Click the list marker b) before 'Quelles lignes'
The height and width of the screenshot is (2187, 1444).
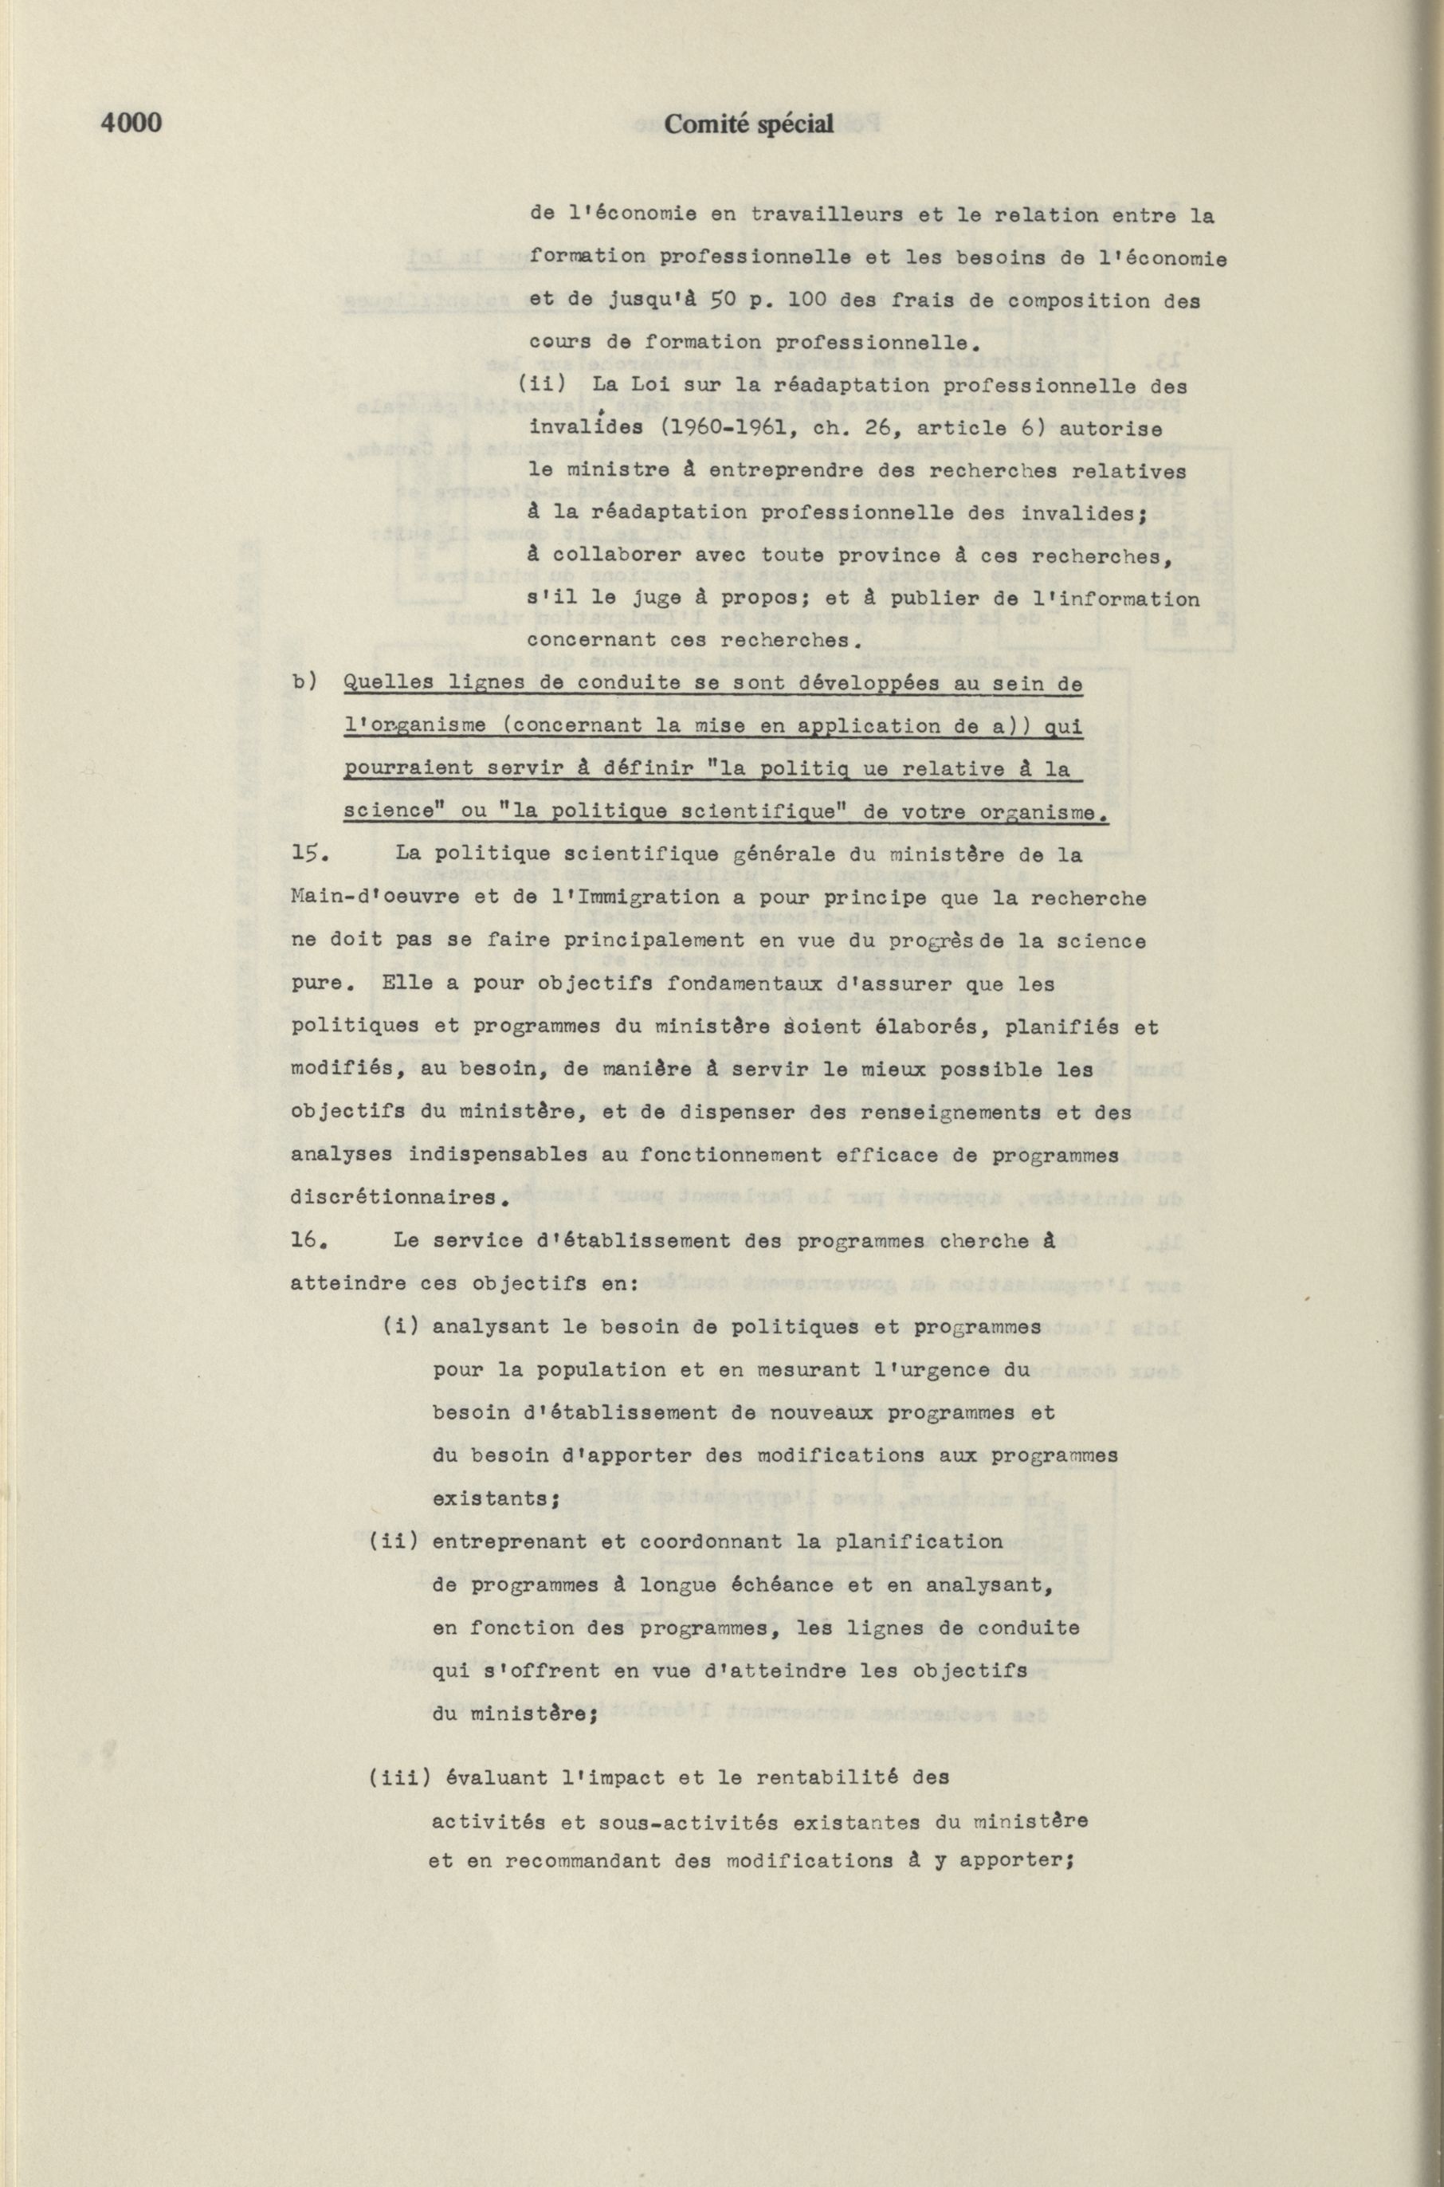(x=305, y=683)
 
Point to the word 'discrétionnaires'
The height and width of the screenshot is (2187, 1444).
(x=397, y=1198)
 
